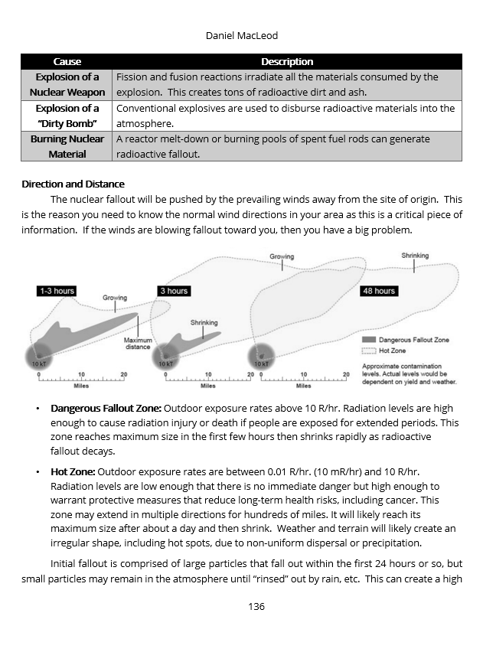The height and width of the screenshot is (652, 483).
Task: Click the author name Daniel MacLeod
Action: pos(241,36)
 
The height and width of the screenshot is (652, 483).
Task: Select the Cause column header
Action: pos(67,61)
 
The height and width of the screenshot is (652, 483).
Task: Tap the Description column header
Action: pos(287,61)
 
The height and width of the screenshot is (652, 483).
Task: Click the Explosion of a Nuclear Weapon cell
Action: pos(67,84)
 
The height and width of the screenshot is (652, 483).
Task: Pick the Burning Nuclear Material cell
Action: pos(67,146)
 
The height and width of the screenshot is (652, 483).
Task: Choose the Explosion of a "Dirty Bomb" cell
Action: pos(67,116)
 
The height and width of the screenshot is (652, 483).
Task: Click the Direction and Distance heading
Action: pos(73,184)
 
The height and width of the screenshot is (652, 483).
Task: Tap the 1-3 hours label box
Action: pos(57,291)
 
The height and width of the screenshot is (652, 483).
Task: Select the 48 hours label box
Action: pos(379,291)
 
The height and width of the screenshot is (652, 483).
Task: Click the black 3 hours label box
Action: pos(173,291)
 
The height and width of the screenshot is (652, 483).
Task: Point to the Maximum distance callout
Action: pos(138,343)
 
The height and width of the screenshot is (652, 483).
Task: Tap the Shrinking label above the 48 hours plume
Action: pos(415,256)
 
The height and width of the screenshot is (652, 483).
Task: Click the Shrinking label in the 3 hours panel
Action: pos(204,323)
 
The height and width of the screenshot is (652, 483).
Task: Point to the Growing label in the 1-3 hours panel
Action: pos(115,298)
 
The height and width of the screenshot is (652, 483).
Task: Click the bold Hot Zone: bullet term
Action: pos(73,471)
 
